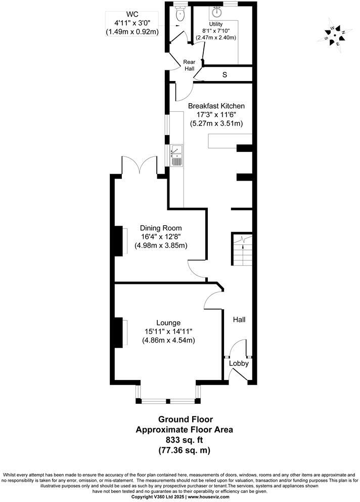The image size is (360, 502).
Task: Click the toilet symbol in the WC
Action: click(179, 15)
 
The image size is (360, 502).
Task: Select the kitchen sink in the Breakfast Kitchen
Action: click(176, 155)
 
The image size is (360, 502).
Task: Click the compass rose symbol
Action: click(334, 35)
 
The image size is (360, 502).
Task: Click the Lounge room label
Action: click(168, 322)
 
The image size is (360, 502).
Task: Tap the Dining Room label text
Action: click(161, 228)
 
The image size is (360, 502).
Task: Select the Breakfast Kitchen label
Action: click(216, 106)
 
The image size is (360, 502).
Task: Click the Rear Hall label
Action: click(189, 65)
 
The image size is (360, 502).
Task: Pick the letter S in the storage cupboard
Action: click(224, 75)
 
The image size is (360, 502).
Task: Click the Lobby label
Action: click(239, 363)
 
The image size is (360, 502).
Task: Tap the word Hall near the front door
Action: click(239, 320)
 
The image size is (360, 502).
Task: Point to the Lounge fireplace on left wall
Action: click(119, 332)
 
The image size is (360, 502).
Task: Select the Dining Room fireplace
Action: click(120, 242)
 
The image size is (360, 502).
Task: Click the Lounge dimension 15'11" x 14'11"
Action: click(168, 331)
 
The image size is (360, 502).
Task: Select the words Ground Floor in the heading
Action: click(186, 420)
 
